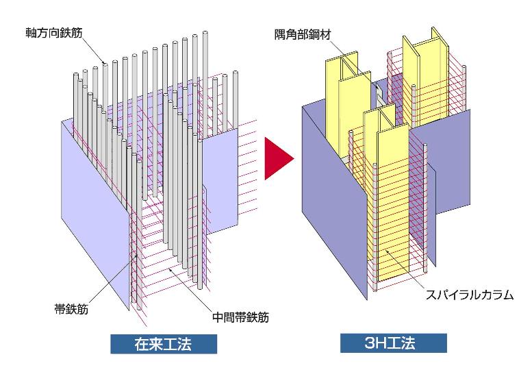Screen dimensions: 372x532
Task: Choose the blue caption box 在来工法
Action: point(164,344)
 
